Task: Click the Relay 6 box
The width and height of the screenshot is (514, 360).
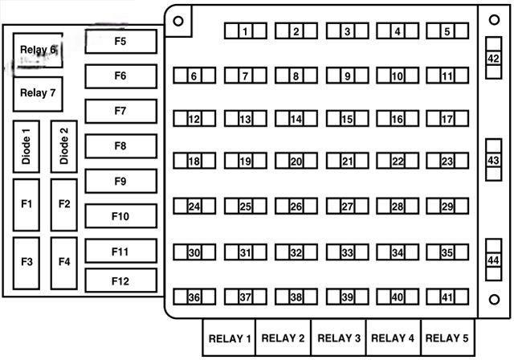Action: [x=38, y=51]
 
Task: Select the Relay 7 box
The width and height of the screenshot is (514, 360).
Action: [x=38, y=93]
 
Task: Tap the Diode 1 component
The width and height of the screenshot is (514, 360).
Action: [x=27, y=146]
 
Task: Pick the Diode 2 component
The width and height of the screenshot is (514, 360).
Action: [x=64, y=146]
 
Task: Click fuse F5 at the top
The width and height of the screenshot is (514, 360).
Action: [x=120, y=41]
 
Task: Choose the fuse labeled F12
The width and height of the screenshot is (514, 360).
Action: [x=120, y=281]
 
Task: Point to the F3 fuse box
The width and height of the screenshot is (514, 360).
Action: [x=27, y=262]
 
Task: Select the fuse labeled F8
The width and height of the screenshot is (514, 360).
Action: [x=120, y=146]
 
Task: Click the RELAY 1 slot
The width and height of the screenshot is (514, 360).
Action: [x=230, y=338]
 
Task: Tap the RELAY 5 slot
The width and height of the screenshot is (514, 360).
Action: [x=447, y=338]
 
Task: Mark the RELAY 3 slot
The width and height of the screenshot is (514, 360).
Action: [x=338, y=338]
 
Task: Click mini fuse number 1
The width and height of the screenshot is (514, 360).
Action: [x=245, y=31]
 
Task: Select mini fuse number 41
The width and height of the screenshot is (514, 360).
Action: [x=447, y=297]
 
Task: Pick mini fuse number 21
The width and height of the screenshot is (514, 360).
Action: [x=347, y=161]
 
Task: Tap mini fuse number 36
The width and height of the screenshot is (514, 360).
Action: [x=194, y=297]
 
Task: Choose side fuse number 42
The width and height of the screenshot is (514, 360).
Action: [x=493, y=59]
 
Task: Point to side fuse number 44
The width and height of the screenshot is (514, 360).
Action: [x=493, y=260]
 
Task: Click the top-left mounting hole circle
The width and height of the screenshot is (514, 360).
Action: [x=178, y=20]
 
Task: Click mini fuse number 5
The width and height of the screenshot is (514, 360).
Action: [x=447, y=31]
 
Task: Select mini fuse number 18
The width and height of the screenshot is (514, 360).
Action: [x=194, y=161]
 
